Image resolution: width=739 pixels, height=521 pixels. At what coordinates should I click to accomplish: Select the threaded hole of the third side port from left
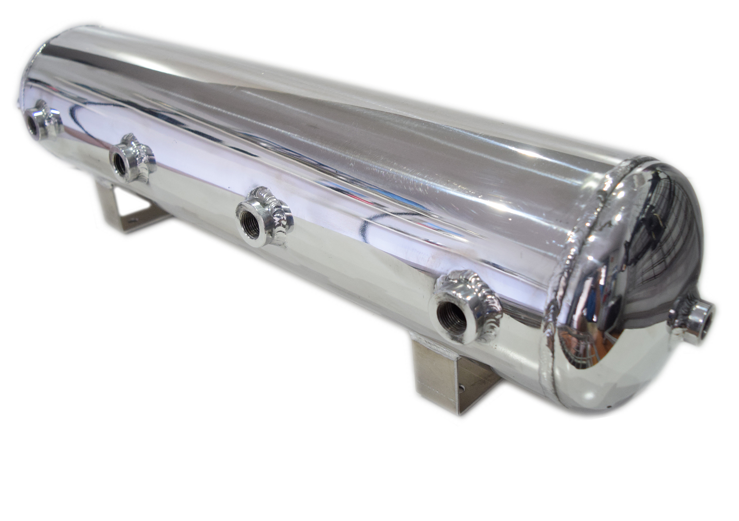pos(252,225)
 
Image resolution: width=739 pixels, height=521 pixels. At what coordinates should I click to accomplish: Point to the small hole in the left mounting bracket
pos(134,214)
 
